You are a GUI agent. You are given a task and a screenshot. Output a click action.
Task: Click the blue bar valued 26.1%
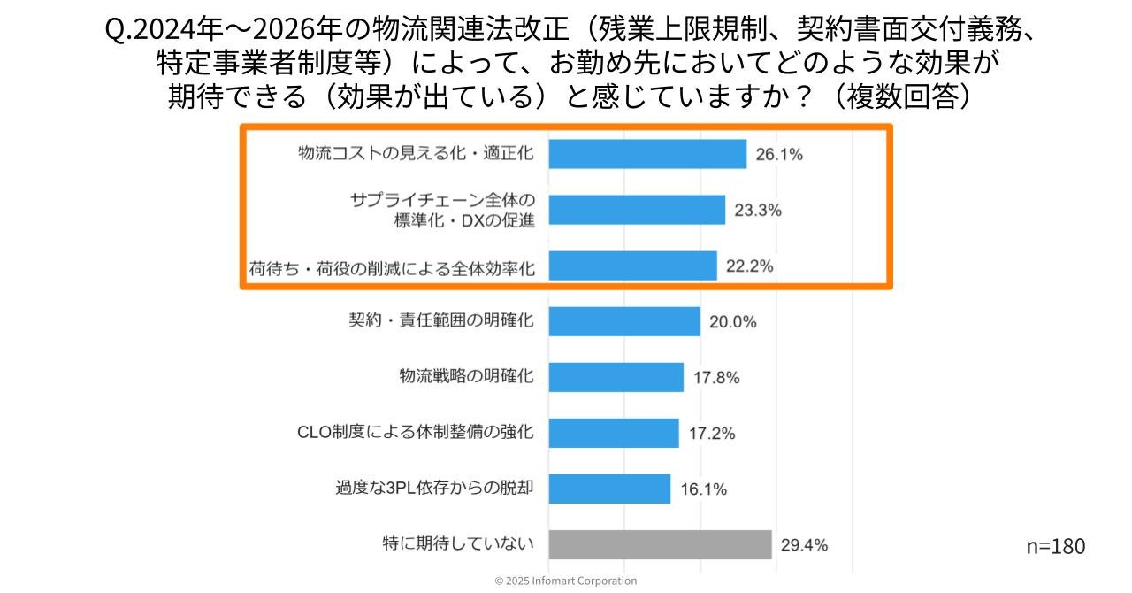coord(647,154)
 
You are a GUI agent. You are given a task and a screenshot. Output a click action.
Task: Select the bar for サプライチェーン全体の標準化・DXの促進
coord(637,210)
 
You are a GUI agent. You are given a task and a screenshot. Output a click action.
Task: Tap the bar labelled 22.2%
coord(632,266)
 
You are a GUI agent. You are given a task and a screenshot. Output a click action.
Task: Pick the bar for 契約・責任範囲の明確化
coord(624,321)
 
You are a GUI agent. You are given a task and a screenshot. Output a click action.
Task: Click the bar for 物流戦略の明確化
coord(616,377)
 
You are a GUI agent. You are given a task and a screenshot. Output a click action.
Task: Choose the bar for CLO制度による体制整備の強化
coord(614,433)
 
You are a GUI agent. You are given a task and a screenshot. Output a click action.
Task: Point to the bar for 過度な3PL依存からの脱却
coord(609,489)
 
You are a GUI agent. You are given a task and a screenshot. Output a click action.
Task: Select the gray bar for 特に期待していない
coord(660,544)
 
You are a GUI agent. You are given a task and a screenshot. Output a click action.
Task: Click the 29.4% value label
coord(804,545)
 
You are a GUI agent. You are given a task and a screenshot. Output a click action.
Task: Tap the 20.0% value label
coord(732,322)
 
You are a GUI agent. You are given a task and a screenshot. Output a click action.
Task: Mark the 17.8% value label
coord(715,378)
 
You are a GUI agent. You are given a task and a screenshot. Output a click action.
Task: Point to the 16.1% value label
coord(703,489)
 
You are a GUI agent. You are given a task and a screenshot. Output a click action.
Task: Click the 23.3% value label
coord(757,211)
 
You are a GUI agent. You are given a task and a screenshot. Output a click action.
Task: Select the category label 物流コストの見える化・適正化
coord(416,153)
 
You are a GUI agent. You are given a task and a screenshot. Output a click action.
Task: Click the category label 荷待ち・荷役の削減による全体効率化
coord(392,266)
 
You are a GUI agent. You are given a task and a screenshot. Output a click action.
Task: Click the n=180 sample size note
coord(1055,546)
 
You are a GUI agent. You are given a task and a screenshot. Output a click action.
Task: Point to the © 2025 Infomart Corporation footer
coord(565,581)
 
